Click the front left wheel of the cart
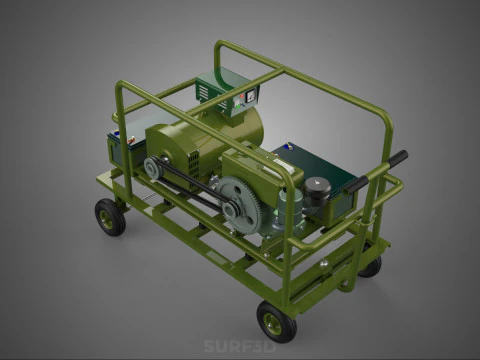tap(109, 217)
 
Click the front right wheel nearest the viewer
tap(275, 321)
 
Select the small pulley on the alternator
tap(154, 168)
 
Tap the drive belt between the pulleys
tap(190, 185)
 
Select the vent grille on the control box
tap(205, 92)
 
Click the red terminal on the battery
tap(117, 137)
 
